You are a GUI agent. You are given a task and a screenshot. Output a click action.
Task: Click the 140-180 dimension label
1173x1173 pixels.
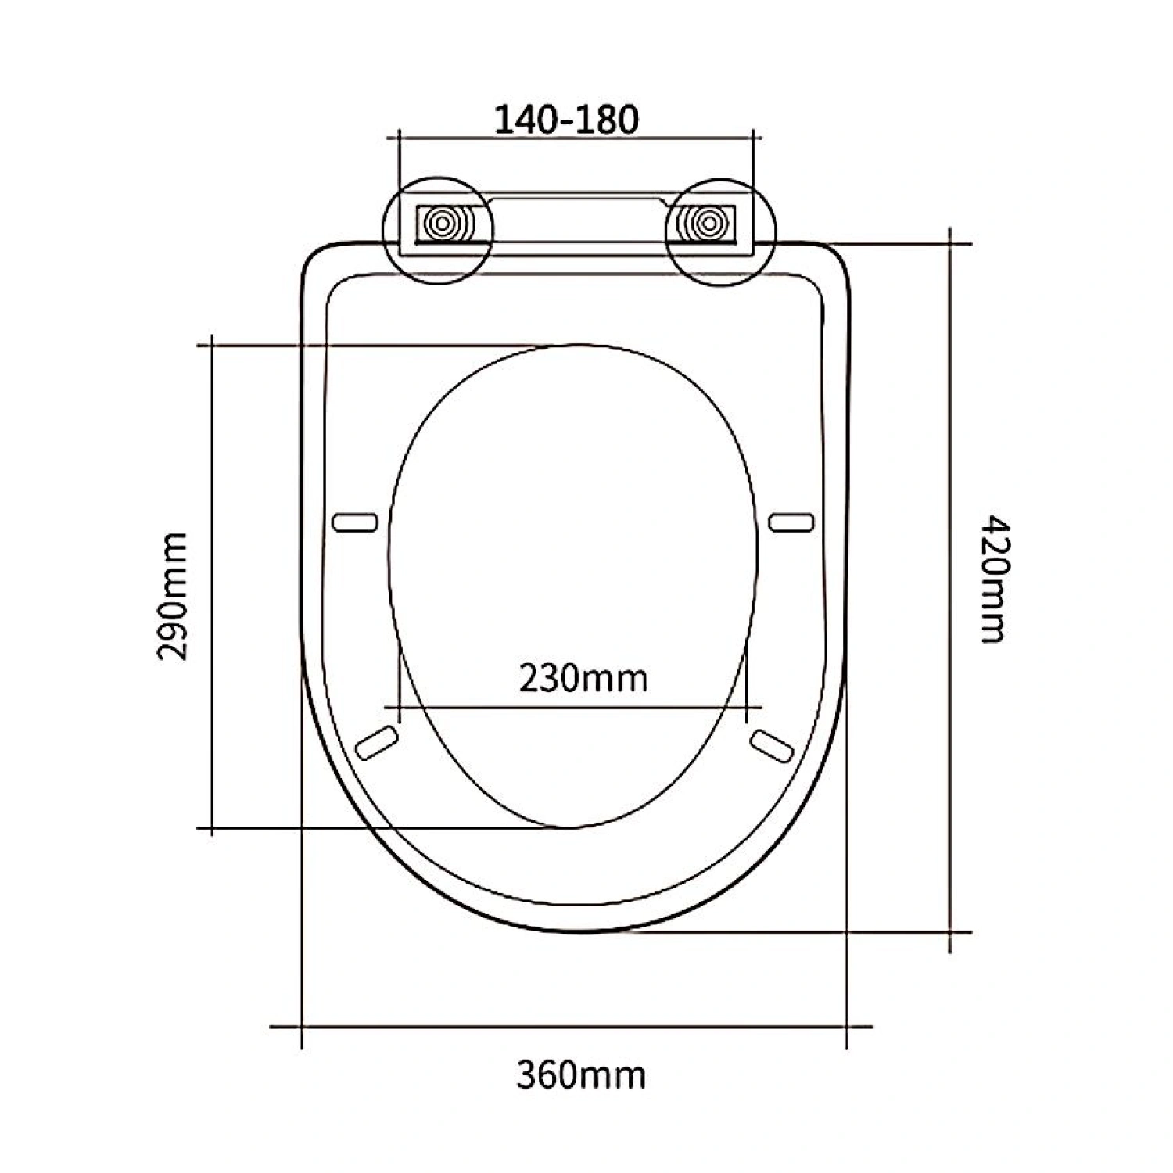pos(567,119)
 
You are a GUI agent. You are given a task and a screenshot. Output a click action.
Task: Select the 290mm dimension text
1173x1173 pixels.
pos(173,597)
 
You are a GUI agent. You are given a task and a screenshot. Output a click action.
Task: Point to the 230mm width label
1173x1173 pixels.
pos(584,678)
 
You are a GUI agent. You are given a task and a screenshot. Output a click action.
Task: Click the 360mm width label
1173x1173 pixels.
pos(581,1075)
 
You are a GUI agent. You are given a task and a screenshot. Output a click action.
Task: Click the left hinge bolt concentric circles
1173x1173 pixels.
pos(443,225)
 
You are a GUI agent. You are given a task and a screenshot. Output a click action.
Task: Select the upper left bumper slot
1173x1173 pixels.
pos(355,522)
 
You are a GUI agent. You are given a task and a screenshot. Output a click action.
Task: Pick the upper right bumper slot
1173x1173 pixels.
pos(791,522)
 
